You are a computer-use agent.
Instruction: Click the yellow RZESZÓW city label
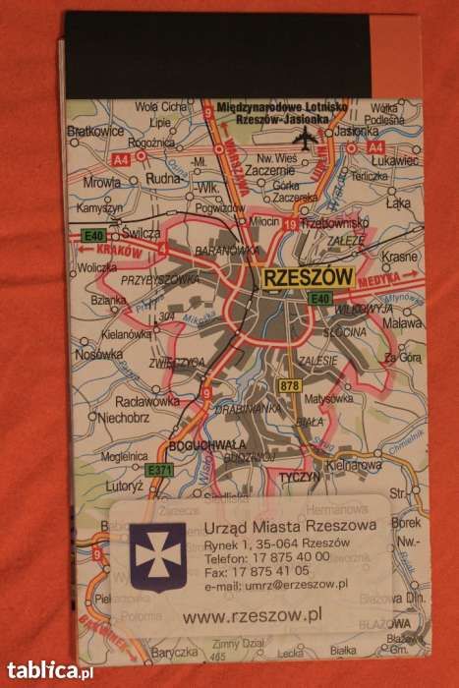tap(308, 278)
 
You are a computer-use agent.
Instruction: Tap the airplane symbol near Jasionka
tap(304, 138)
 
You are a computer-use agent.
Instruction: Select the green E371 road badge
tap(158, 471)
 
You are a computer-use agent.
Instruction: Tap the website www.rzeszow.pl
tap(254, 615)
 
